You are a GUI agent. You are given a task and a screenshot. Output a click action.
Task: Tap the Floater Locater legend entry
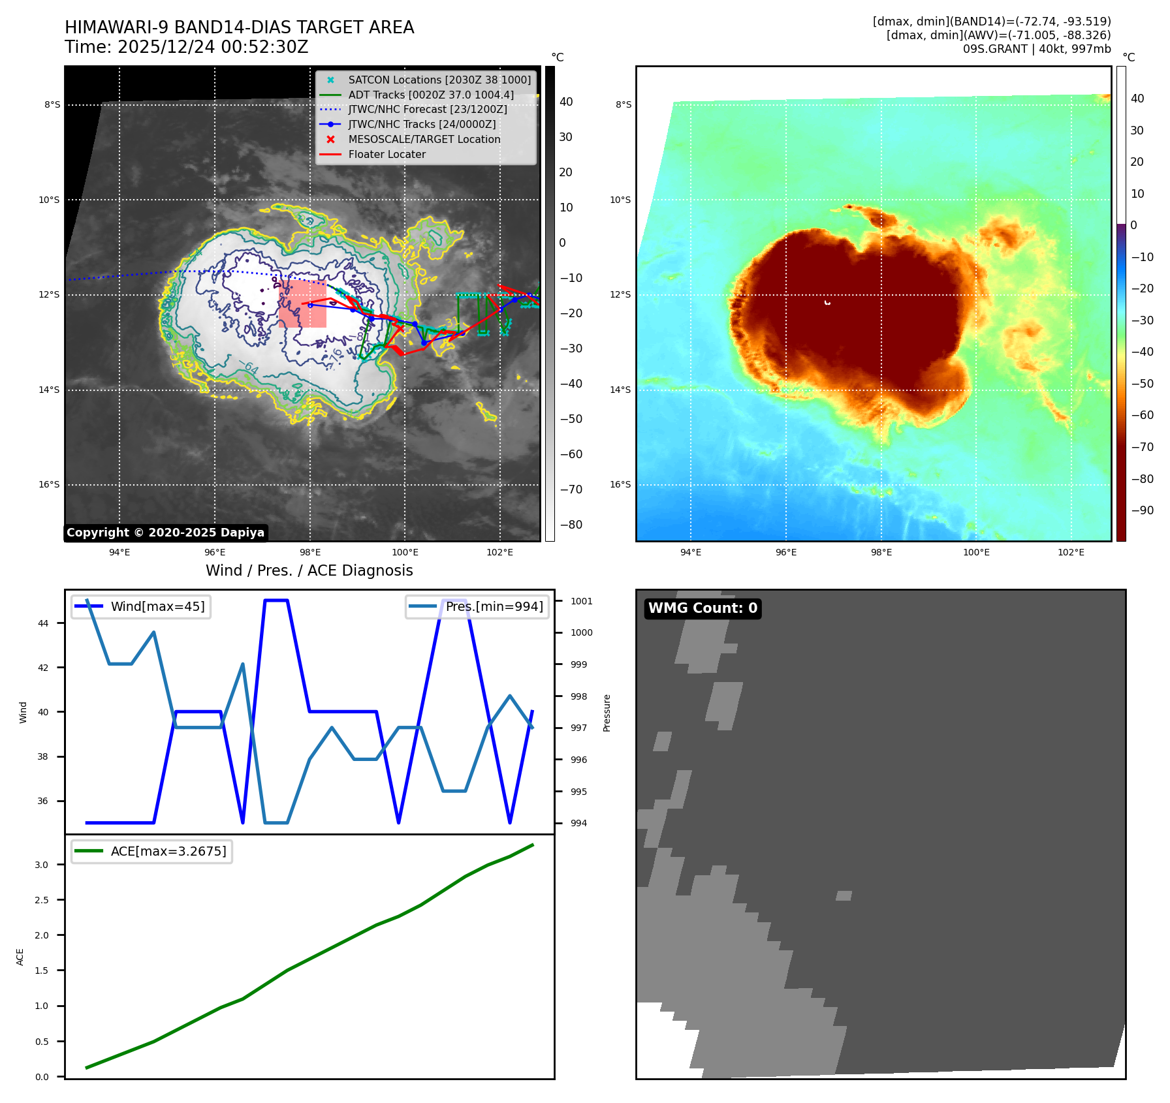coord(387,154)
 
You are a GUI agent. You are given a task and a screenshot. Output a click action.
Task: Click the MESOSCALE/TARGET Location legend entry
coord(424,139)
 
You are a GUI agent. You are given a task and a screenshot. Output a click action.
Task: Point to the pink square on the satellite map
coord(302,303)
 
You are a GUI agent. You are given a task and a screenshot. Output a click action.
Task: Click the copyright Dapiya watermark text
coord(165,533)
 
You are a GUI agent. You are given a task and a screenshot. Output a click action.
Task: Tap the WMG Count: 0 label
coord(703,608)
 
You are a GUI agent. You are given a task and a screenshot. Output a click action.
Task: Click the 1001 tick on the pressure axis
coord(581,601)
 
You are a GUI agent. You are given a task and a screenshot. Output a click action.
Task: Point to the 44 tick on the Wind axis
coord(43,623)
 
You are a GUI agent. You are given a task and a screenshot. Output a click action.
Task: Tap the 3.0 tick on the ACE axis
coord(42,865)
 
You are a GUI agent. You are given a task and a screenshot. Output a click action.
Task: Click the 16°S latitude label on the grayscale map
coord(49,484)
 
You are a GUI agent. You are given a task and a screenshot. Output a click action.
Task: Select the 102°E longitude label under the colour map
coord(1071,552)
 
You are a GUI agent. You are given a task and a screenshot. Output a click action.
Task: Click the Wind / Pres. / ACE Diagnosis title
coord(309,570)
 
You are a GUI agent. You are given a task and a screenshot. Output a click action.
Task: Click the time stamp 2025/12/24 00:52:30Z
coord(212,47)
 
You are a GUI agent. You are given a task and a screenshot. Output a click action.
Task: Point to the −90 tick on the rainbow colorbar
coord(1142,510)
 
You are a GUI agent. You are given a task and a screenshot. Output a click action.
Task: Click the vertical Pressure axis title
coord(607,713)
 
